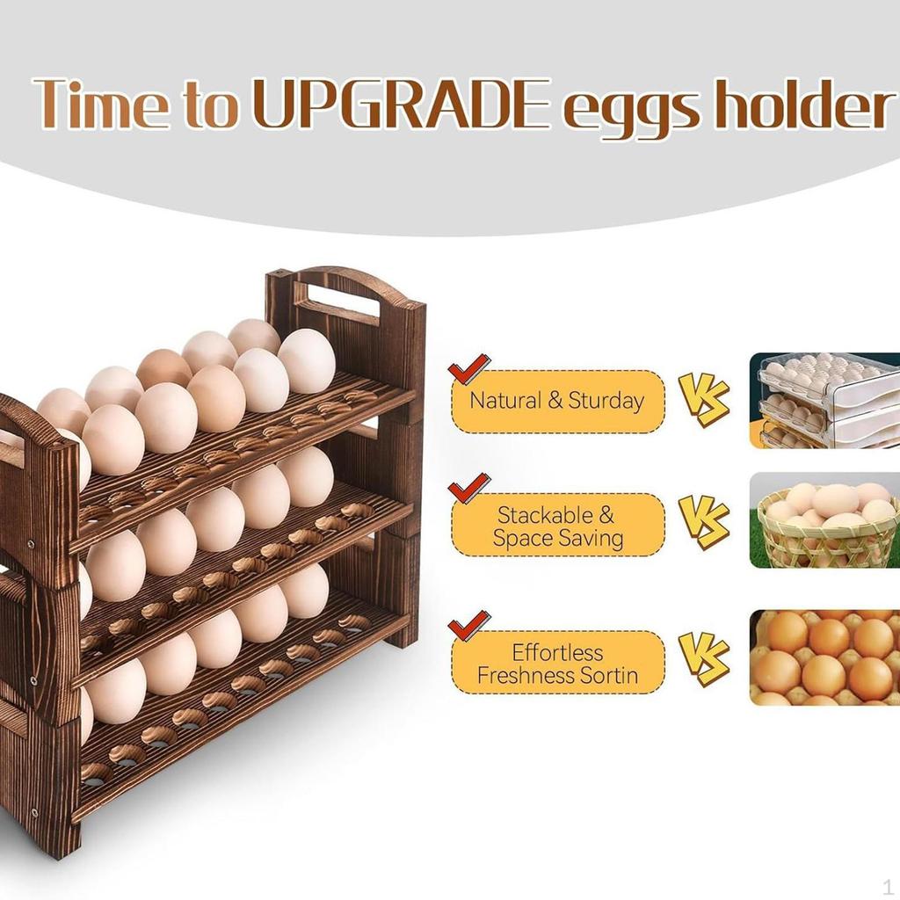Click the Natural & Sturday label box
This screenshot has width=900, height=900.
tap(558, 402)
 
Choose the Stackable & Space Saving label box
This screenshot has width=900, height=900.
tap(558, 526)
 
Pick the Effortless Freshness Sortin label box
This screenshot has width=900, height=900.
tap(558, 664)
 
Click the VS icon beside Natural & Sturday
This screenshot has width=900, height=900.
tap(704, 398)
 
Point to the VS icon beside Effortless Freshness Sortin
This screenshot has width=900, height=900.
tap(704, 658)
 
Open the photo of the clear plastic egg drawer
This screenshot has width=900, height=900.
tap(824, 400)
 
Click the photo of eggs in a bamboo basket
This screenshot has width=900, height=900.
tap(824, 520)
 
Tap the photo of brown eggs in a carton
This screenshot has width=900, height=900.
tap(824, 657)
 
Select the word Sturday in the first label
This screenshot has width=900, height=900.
tap(606, 402)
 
